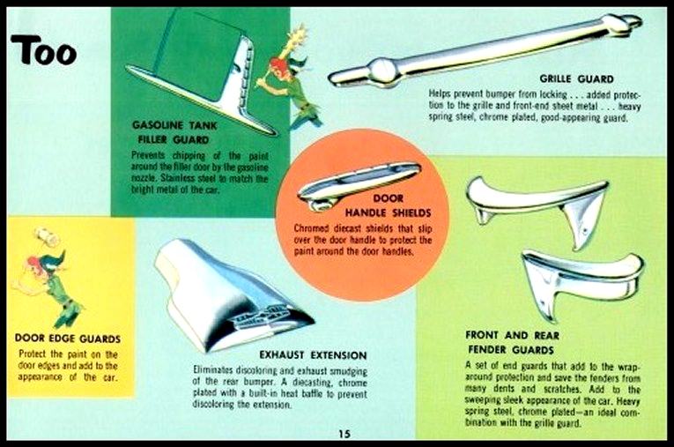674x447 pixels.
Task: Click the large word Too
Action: click(44, 49)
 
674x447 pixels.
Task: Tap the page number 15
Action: click(344, 434)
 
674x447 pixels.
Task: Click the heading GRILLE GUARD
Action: click(576, 78)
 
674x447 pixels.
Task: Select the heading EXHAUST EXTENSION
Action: click(313, 355)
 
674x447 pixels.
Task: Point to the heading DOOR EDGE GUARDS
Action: click(68, 339)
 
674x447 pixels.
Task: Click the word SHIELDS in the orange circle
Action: click(409, 212)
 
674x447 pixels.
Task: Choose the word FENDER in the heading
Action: click(485, 349)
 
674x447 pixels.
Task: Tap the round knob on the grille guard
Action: click(383, 71)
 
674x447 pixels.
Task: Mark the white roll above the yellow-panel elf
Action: click(46, 236)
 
